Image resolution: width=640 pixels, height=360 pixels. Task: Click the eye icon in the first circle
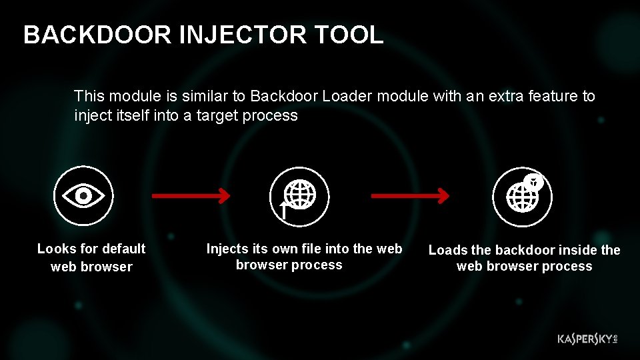83,196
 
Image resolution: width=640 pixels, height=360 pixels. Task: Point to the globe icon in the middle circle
302,195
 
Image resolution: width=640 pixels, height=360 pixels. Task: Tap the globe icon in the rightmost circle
522,197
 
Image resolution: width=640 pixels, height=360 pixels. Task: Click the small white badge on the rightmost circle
533,181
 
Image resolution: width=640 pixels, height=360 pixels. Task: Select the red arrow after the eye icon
191,196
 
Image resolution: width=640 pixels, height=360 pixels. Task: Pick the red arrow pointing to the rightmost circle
409,196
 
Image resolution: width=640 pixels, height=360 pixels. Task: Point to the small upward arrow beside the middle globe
283,211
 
